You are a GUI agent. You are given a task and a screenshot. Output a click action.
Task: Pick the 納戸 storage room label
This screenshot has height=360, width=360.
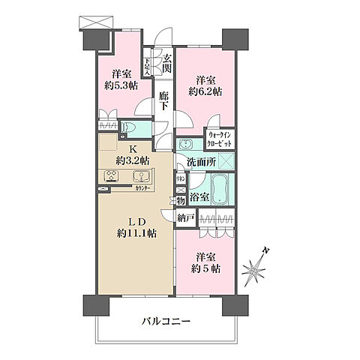pos(186,217)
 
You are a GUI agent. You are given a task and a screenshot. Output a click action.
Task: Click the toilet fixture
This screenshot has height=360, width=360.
pos(127,127)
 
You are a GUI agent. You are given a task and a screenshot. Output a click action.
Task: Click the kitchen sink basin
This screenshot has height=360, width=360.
pos(140,177)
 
